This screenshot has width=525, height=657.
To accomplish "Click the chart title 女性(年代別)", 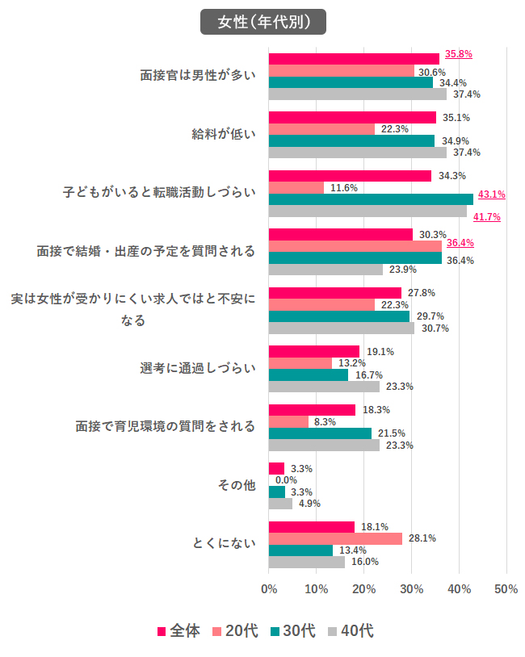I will (x=262, y=22).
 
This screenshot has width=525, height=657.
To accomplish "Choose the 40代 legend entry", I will (x=350, y=630).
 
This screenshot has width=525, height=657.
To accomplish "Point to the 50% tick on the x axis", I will (x=506, y=589).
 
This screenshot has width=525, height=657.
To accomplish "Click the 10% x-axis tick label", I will (x=316, y=589).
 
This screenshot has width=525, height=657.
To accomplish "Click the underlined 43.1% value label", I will (x=491, y=194).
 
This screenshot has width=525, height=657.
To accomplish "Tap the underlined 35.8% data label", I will (x=458, y=54).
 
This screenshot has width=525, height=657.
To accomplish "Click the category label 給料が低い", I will (x=224, y=134).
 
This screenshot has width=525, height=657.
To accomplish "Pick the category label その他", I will (x=236, y=485).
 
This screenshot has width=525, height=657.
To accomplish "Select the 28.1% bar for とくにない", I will (x=334, y=538).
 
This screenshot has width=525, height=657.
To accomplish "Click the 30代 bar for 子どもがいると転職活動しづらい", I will (x=370, y=199).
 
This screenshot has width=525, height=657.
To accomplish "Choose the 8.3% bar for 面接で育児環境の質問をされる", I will (x=288, y=421).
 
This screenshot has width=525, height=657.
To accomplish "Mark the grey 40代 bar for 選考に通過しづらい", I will (x=323, y=387).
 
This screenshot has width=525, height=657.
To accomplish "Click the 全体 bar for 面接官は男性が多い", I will (x=353, y=59).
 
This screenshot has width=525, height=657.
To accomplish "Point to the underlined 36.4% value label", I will (x=460, y=242).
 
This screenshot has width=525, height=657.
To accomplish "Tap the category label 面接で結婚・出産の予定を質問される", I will (x=145, y=251).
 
